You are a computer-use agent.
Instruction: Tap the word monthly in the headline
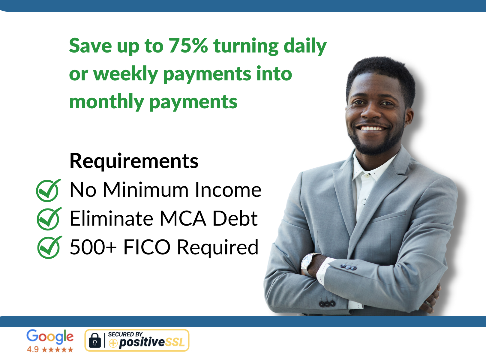[107, 102]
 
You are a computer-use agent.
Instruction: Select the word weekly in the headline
[126, 74]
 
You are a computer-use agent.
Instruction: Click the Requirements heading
[134, 161]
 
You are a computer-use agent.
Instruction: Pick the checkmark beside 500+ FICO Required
[49, 247]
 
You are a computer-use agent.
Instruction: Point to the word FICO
[147, 247]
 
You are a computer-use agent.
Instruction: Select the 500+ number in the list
[93, 247]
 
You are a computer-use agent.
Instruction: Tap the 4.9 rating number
[33, 349]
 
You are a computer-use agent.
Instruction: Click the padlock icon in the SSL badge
[95, 340]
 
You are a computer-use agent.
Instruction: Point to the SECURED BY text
[125, 334]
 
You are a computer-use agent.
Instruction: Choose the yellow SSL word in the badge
[175, 342]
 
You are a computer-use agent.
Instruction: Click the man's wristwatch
[307, 264]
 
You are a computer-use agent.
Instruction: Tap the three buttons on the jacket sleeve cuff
[348, 267]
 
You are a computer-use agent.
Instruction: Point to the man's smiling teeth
[373, 128]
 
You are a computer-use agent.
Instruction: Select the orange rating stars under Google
[57, 349]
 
